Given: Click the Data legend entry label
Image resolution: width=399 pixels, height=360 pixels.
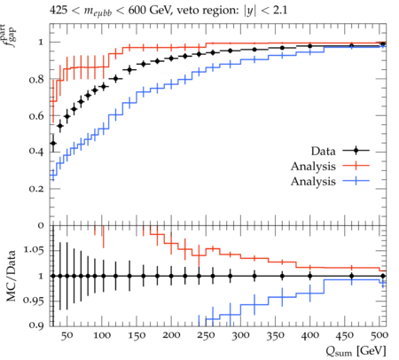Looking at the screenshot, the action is (x=323, y=151).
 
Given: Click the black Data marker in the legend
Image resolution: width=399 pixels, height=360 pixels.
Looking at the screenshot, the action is (x=356, y=151).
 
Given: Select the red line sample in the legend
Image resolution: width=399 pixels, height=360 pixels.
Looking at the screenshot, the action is (x=356, y=166).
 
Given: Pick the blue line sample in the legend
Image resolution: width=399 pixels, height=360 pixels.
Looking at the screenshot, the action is (x=356, y=181).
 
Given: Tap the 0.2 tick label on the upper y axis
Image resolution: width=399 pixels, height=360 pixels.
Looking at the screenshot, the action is (x=36, y=189).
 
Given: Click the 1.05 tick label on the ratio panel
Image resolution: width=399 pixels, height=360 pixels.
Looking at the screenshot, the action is (x=34, y=250).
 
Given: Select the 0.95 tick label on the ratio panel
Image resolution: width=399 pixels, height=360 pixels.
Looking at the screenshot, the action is (x=34, y=301).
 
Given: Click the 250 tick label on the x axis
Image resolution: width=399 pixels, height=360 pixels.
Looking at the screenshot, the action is (x=206, y=335).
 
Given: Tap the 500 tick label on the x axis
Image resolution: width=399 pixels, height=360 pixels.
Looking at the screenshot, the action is (x=379, y=335).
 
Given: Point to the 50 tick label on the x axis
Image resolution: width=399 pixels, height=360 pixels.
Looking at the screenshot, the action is (x=66, y=335).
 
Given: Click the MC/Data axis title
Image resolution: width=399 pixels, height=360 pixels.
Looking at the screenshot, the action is (x=12, y=276).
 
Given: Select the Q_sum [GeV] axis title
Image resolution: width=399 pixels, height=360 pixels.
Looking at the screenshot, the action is (x=356, y=351).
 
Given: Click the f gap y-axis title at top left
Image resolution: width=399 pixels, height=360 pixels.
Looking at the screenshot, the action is (x=10, y=35).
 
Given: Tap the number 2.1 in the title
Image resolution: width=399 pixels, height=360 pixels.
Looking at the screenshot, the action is (x=279, y=10).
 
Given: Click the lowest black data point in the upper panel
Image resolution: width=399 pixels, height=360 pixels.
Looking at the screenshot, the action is (x=53, y=143).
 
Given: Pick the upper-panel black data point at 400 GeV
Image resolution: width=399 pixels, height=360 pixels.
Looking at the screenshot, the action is (x=309, y=46).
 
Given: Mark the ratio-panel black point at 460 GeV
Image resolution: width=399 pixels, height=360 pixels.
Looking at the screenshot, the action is (x=351, y=276).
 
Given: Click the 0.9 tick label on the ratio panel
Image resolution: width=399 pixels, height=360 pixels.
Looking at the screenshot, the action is (x=36, y=325).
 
